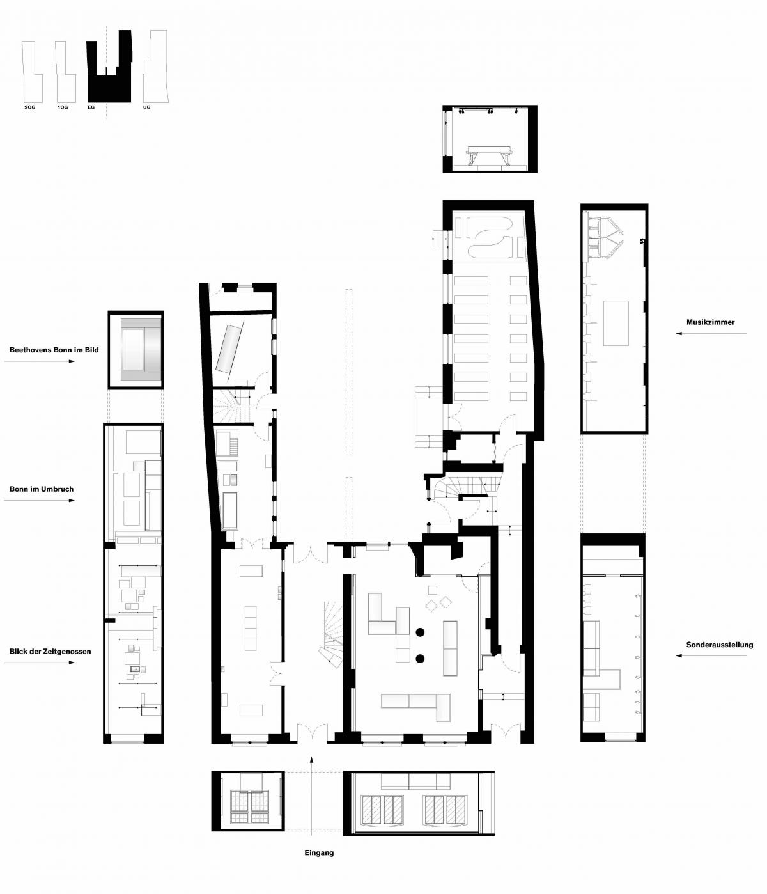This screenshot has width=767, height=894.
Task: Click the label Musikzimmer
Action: [710, 322]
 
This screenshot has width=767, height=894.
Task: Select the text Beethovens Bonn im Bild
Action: [54, 350]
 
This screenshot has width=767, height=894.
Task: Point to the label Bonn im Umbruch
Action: [42, 489]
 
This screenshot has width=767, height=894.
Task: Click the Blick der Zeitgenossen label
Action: [50, 652]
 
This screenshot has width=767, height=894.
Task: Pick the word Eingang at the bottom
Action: [319, 852]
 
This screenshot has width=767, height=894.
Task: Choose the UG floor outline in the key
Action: [156, 67]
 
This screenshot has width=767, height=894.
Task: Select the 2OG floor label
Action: [29, 107]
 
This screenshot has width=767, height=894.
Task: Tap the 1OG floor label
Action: [63, 107]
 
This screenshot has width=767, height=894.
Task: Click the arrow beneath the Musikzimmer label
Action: [711, 333]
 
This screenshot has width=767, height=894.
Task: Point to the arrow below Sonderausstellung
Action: [711, 656]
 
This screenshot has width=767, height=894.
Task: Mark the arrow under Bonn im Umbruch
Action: [40, 500]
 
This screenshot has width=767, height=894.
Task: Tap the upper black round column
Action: [420, 632]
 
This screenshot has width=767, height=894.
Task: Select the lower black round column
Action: [420, 658]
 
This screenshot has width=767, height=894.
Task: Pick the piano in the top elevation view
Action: [489, 156]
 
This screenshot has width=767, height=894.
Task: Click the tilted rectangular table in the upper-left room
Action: [229, 348]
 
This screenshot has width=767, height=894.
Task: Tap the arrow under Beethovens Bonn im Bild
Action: [40, 361]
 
